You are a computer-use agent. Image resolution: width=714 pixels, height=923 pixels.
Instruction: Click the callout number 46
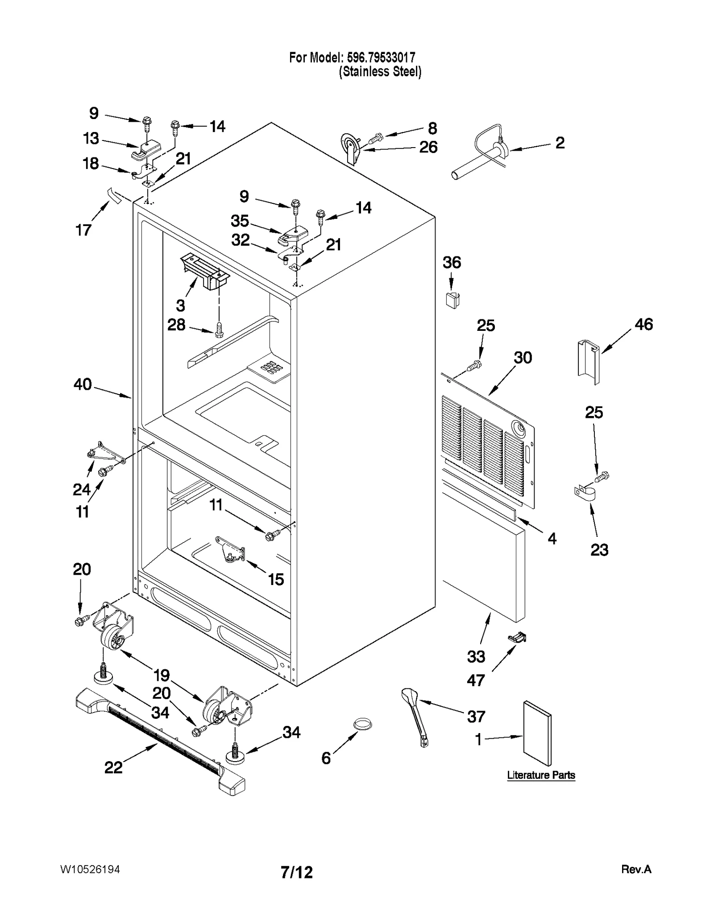click(643, 324)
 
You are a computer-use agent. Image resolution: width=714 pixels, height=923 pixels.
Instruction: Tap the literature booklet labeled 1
click(537, 733)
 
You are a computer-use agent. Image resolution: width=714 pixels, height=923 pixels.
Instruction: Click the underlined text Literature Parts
click(541, 775)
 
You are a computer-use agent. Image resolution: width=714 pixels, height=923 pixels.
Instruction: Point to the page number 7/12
click(297, 872)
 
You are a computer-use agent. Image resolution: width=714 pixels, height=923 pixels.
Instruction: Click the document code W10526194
click(90, 869)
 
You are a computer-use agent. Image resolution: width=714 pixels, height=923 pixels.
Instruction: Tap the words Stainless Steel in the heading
click(380, 72)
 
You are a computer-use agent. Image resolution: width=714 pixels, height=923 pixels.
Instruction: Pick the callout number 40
click(83, 384)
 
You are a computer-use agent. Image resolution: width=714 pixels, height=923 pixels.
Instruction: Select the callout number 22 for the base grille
click(113, 767)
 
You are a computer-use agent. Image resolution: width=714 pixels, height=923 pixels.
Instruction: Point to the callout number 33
click(476, 656)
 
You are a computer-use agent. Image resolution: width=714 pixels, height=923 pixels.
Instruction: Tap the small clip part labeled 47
click(518, 638)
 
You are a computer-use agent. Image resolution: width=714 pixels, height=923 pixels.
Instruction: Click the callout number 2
click(560, 143)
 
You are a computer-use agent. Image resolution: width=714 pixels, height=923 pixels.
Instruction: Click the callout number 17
click(83, 230)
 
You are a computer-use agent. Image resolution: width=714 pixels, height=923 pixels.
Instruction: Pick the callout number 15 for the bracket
click(276, 579)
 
